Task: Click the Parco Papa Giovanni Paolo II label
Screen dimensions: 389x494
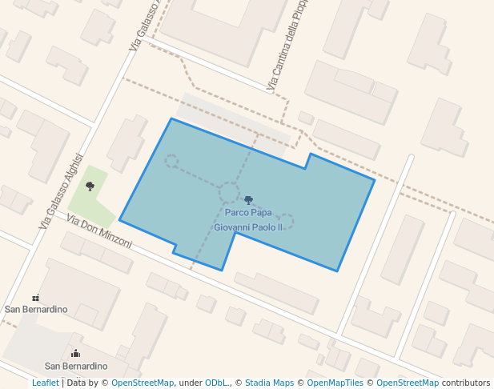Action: [248, 220]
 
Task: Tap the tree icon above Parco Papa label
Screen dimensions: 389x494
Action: [248, 200]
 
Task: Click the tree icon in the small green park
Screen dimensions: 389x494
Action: [90, 186]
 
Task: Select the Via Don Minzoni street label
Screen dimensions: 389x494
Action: [99, 231]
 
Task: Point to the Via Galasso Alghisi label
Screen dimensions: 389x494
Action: [61, 191]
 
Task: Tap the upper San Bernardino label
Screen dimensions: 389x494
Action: [36, 309]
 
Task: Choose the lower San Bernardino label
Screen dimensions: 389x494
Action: [75, 366]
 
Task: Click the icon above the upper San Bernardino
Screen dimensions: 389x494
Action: [35, 298]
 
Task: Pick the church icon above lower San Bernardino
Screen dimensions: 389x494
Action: [75, 353]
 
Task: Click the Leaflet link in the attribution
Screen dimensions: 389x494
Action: [45, 383]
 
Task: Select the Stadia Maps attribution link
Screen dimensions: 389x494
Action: [269, 383]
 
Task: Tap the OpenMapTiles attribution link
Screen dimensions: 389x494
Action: [335, 383]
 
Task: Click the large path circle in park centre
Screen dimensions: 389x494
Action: [229, 192]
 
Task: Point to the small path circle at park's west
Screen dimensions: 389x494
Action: [171, 161]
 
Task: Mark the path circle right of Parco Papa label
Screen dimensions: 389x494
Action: [286, 221]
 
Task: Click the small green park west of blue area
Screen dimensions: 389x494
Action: [92, 196]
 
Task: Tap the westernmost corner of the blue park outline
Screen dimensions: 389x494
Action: [120, 219]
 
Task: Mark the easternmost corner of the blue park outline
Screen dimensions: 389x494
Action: [375, 180]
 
